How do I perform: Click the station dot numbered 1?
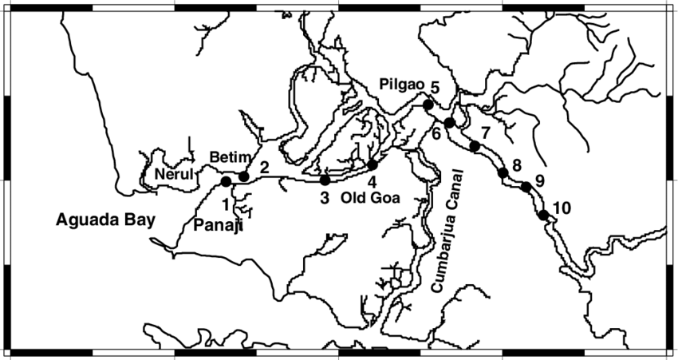[226, 182]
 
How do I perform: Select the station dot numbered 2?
[244, 176]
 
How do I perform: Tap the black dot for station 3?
[325, 180]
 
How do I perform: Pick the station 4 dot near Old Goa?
[373, 164]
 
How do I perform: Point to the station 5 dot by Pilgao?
[428, 105]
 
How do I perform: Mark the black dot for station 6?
[450, 123]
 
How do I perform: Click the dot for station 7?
[475, 146]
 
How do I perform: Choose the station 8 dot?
[503, 172]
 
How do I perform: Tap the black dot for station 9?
[526, 187]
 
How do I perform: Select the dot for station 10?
[543, 215]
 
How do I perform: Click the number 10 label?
[562, 208]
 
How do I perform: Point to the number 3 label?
[325, 198]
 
